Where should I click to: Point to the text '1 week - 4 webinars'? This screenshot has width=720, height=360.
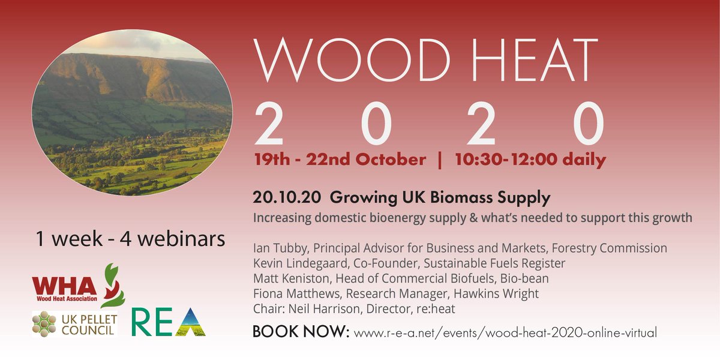[130, 238]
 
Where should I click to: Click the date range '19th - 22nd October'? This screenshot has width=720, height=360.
[340, 160]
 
